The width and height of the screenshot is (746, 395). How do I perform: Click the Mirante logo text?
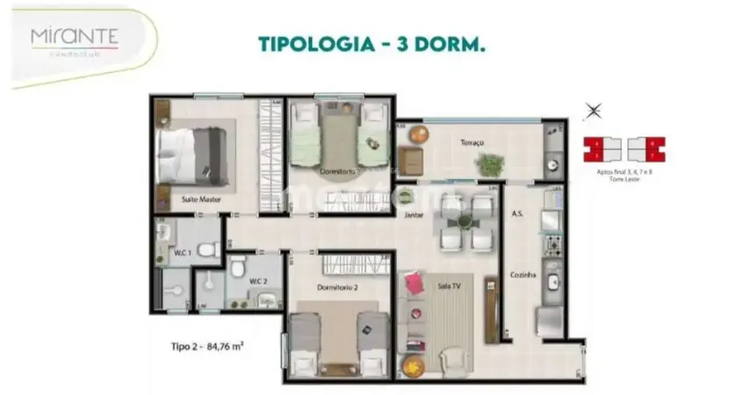point(75,37)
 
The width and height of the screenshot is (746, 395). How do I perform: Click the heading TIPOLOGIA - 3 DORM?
point(371,43)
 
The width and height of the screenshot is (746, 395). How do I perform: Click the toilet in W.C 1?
point(206,250)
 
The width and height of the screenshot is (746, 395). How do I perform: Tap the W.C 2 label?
point(256,281)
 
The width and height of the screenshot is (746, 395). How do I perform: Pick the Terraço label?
point(475,142)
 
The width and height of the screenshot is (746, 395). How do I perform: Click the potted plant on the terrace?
point(488,163)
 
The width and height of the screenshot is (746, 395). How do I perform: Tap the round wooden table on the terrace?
point(418,134)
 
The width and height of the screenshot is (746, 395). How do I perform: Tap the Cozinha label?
point(523,275)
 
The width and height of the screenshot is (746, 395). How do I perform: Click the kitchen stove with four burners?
point(553,241)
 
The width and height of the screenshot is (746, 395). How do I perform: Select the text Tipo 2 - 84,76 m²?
point(206,345)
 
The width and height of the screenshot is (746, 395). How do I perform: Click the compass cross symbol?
point(594,111)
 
